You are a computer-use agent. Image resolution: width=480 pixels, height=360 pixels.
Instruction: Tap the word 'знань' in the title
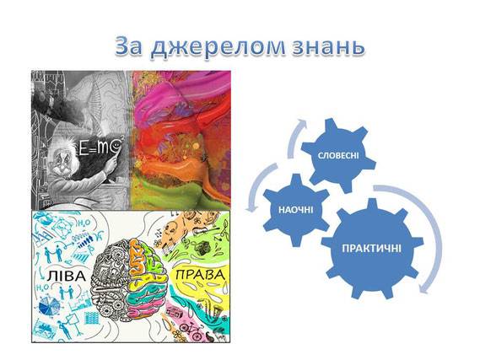tap(328, 46)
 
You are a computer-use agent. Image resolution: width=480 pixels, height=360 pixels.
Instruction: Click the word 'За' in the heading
tap(129, 46)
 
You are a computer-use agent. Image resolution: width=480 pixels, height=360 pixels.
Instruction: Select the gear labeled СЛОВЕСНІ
tap(338, 155)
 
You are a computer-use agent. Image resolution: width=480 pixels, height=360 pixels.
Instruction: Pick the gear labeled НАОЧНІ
tap(296, 210)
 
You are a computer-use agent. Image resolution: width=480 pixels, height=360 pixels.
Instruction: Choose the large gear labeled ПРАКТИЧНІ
tap(371, 248)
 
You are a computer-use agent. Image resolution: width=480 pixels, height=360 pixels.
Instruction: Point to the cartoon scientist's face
tap(62, 164)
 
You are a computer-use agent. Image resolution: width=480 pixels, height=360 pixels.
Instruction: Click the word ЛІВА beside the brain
tap(66, 276)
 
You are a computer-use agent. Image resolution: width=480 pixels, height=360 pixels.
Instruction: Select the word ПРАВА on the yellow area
tap(199, 276)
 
